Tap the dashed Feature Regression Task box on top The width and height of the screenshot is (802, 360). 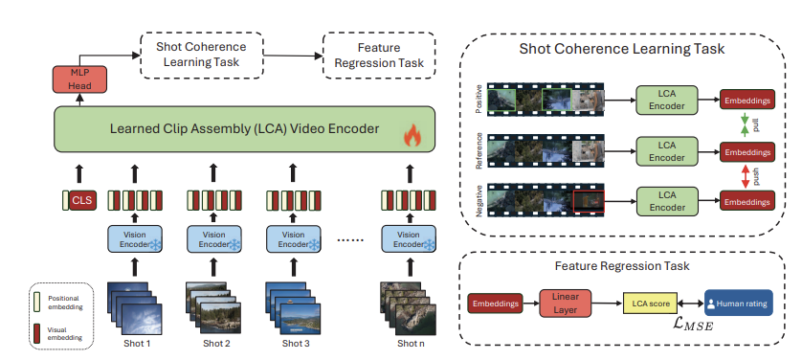(379, 56)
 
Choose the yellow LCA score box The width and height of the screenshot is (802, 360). (652, 304)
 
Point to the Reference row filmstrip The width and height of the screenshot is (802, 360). (545, 149)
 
